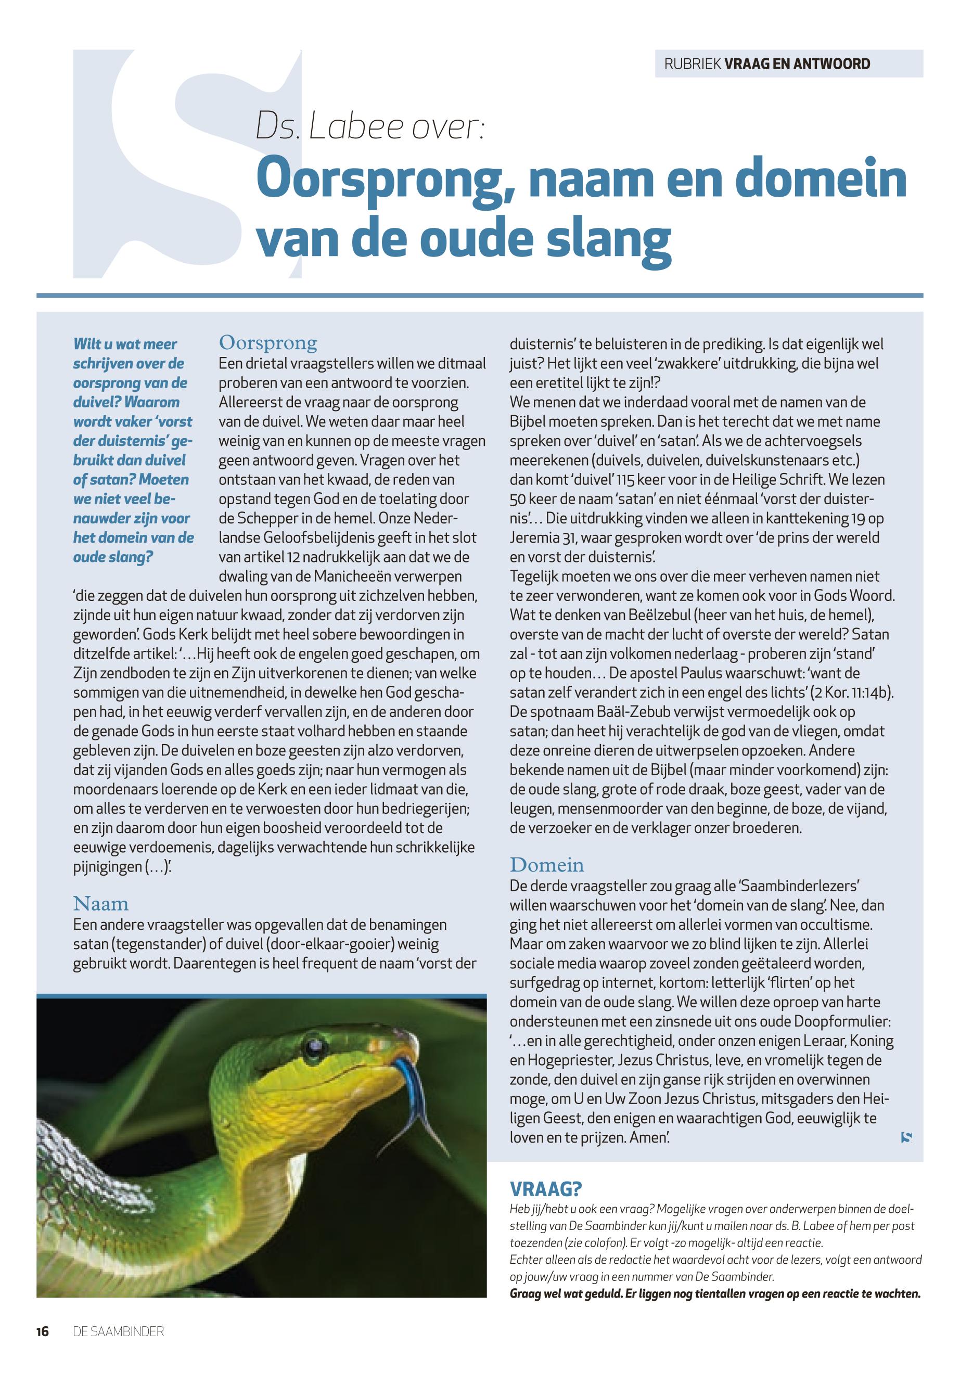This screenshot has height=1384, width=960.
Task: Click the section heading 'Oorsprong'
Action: (x=267, y=342)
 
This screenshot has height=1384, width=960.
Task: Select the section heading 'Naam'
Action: (x=101, y=903)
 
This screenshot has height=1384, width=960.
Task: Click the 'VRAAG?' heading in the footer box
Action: (x=546, y=1188)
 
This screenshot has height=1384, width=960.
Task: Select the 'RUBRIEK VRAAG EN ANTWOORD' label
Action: (x=767, y=64)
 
